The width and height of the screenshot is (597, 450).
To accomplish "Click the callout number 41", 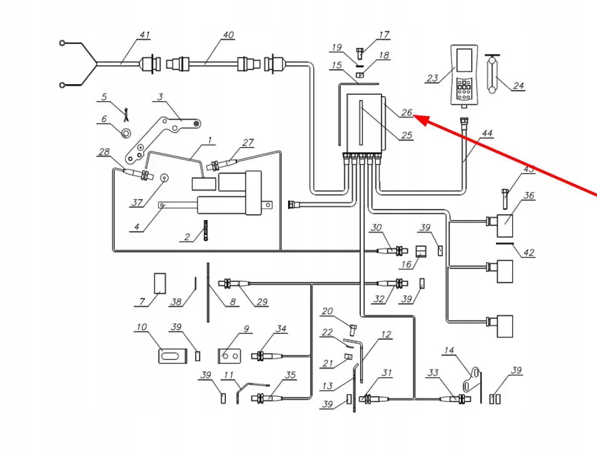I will tap(144, 35).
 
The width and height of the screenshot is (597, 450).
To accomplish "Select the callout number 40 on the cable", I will tap(229, 35).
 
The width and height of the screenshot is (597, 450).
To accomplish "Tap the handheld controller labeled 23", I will tap(465, 75).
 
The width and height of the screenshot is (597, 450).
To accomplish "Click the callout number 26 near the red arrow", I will tap(406, 113).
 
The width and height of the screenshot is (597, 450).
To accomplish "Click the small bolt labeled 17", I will tap(359, 53).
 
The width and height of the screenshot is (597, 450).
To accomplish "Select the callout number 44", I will tap(488, 133).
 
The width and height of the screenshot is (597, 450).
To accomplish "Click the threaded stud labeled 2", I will tap(204, 232).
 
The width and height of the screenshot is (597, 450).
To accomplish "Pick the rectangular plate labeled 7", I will tap(159, 284).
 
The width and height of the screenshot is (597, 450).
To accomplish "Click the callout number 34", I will tap(281, 329).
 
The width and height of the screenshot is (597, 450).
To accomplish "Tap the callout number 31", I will tap(386, 373).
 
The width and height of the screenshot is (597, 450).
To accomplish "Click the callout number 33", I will tap(432, 373).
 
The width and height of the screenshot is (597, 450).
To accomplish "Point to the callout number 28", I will tap(104, 152).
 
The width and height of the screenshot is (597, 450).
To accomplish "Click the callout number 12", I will tap(386, 334).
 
